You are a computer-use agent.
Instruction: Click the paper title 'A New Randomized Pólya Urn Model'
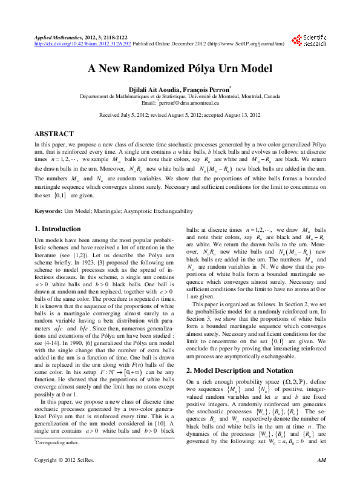click(x=180, y=68)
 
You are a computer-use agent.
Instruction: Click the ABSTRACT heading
click(x=54, y=133)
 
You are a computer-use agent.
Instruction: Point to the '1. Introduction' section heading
click(x=57, y=229)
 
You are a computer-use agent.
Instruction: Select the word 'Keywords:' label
click(x=48, y=211)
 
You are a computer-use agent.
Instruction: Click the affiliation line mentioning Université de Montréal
click(x=180, y=96)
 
